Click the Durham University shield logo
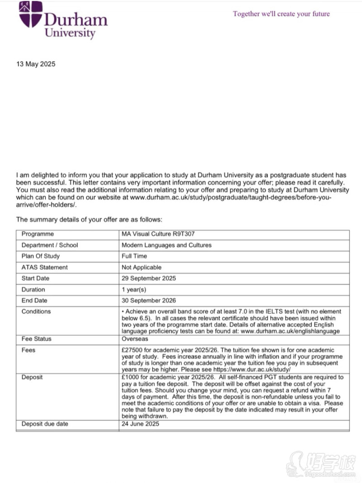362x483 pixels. coord(30,14)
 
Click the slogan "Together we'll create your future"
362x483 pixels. coord(281,14)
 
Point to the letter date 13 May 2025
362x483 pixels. coord(36,64)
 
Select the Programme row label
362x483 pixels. coord(38,234)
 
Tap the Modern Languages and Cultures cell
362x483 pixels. coord(167,245)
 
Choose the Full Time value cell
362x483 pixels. coord(134,256)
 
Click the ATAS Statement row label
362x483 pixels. coord(44,267)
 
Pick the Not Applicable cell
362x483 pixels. coord(141,267)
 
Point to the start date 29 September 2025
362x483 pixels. coord(148,278)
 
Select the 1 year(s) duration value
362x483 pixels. coord(134,290)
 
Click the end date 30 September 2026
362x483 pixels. coord(148,300)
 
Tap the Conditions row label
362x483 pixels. coord(36,312)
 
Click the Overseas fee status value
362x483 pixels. coord(135,339)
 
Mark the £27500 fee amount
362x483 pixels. coord(133,350)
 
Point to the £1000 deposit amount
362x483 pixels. coord(131,377)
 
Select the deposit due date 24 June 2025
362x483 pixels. coord(140,424)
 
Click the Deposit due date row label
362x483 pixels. coord(45,424)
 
